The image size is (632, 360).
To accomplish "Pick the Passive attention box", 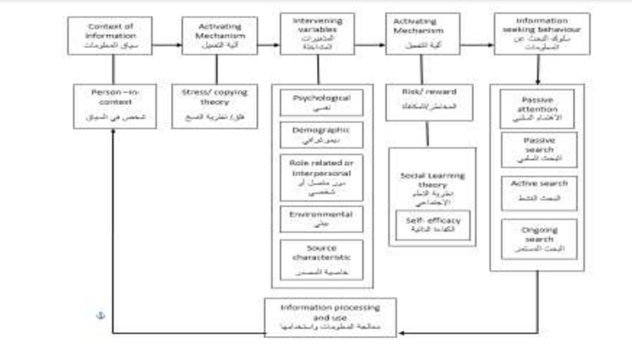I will point(537,108).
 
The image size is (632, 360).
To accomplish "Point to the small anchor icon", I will point(101,314).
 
